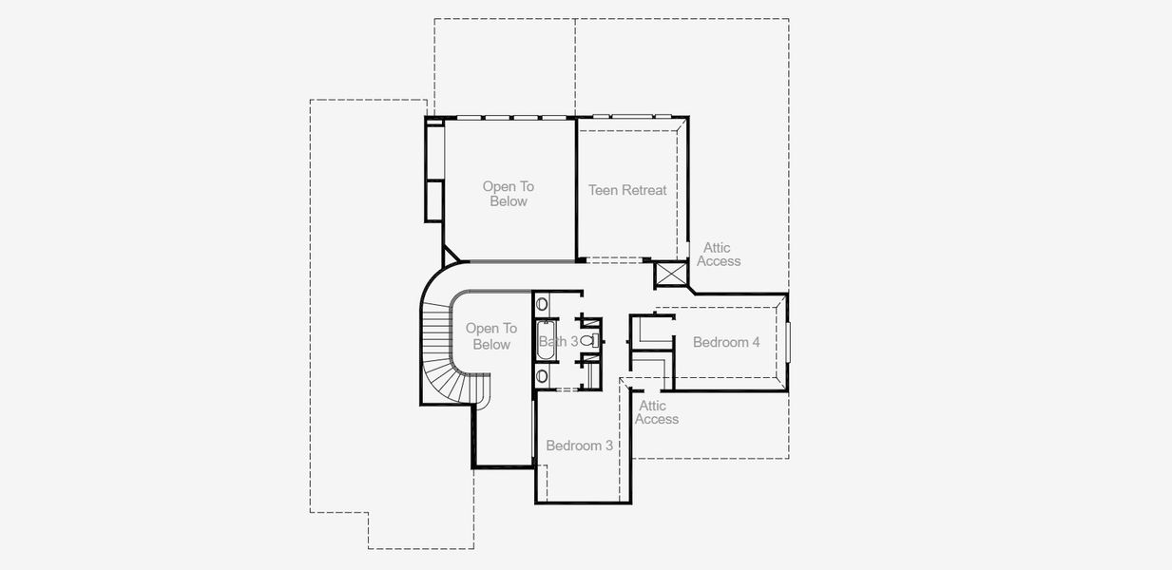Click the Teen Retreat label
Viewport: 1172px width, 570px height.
627,190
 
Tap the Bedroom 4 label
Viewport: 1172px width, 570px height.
726,342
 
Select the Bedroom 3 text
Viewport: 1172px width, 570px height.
579,446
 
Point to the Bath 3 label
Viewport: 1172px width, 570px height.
558,341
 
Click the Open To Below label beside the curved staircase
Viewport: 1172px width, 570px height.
491,336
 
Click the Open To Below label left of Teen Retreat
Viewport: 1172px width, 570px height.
509,194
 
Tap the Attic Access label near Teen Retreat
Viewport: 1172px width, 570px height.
719,255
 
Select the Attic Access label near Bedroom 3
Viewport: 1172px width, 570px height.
657,412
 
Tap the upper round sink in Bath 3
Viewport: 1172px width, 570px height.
542,305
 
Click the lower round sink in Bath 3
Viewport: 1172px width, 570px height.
542,376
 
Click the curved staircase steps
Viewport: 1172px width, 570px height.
439,351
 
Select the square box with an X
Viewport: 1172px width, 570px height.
669,275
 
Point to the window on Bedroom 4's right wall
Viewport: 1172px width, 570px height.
788,342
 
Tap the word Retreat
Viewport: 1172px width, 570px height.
645,190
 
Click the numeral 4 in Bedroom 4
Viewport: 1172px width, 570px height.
756,342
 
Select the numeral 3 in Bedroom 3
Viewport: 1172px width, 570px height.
608,446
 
